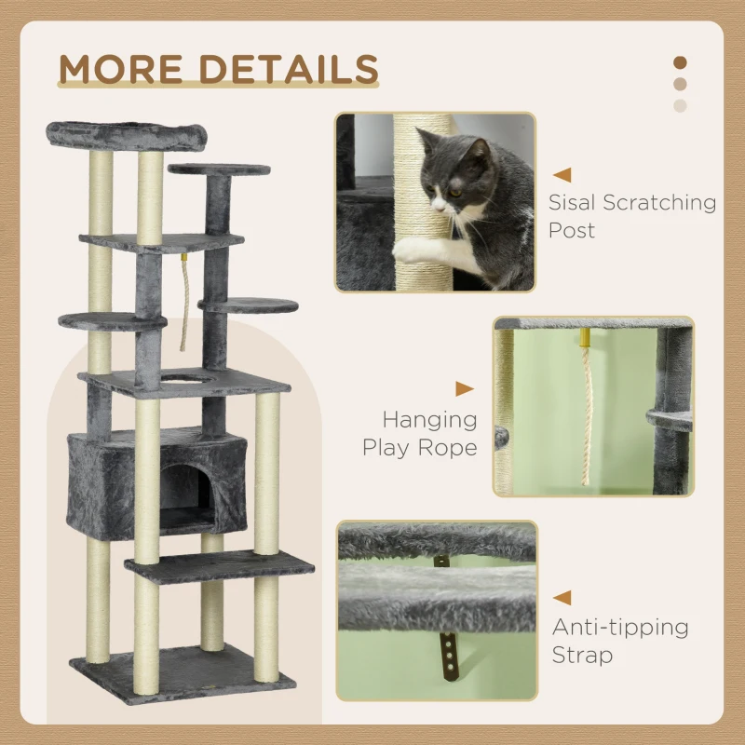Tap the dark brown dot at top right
680,62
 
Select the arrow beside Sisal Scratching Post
562,174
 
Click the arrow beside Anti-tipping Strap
562,598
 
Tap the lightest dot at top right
680,105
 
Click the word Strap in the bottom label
582,655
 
